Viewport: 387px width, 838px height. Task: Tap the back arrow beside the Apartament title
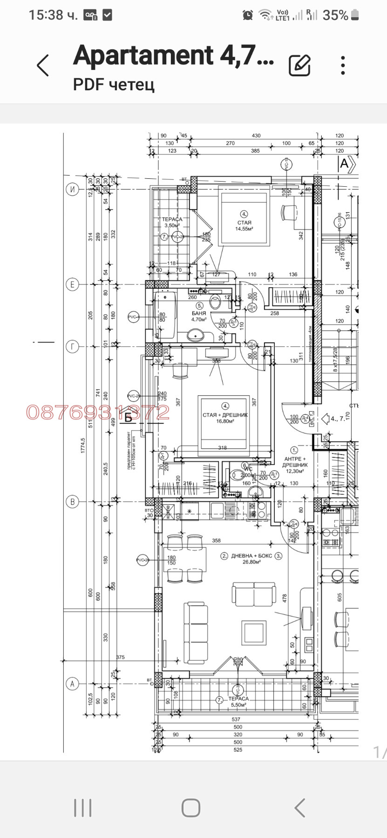(x=43, y=65)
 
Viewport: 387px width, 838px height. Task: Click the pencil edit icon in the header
(x=299, y=65)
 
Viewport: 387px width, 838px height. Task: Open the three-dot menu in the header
(x=343, y=65)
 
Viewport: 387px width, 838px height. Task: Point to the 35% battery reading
(x=335, y=15)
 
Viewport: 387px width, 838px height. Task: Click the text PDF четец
(x=114, y=85)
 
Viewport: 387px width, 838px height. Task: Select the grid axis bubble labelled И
(x=72, y=189)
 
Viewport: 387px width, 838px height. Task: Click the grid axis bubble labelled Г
(x=72, y=346)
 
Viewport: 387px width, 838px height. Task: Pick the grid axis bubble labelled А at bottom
(x=72, y=684)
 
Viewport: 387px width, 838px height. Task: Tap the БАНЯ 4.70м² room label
(x=199, y=317)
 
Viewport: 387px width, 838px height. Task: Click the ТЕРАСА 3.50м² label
(x=172, y=222)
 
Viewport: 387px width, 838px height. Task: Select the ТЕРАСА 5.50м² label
(x=238, y=702)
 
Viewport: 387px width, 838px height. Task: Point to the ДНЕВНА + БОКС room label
(x=251, y=558)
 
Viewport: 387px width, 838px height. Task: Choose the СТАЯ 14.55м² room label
(x=244, y=225)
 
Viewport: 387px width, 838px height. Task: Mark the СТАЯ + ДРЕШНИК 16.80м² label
(x=225, y=418)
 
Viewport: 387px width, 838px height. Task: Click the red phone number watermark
(x=98, y=412)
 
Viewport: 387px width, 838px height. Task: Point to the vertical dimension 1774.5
(x=83, y=445)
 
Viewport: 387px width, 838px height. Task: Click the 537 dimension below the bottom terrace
(x=236, y=719)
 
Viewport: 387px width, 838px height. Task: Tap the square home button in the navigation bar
(x=191, y=808)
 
